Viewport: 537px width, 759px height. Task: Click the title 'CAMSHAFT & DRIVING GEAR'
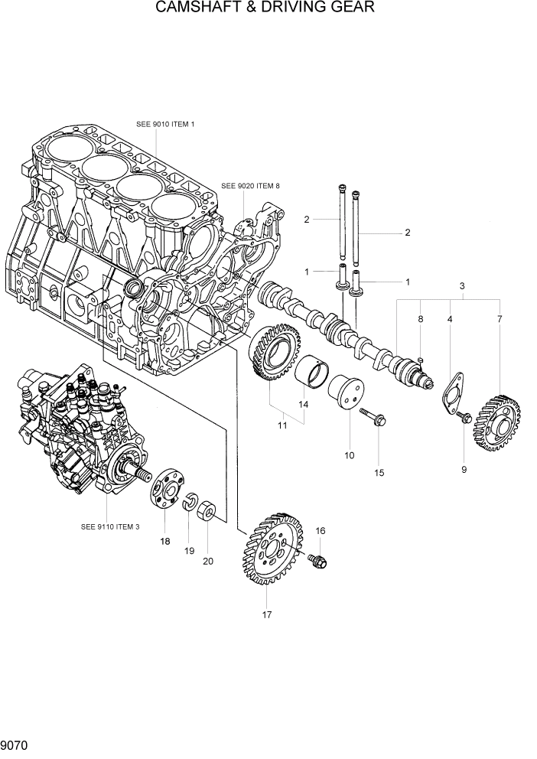pos(265,8)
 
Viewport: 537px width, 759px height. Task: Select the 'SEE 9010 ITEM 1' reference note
pos(165,124)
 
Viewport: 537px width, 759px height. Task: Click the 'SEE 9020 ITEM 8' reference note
pos(250,185)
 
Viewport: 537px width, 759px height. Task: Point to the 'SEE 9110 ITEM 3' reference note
pos(110,526)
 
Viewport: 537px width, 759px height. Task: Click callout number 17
pos(266,614)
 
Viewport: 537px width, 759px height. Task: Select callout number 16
pos(320,530)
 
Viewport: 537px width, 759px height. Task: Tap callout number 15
pos(379,472)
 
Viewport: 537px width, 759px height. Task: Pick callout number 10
pos(349,455)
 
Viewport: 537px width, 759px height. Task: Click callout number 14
pos(303,404)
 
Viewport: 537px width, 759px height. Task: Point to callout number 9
pos(464,470)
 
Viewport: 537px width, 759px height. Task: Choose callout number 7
pos(500,318)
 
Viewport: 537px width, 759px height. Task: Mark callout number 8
pos(420,318)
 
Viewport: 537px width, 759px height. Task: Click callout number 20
pos(208,561)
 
